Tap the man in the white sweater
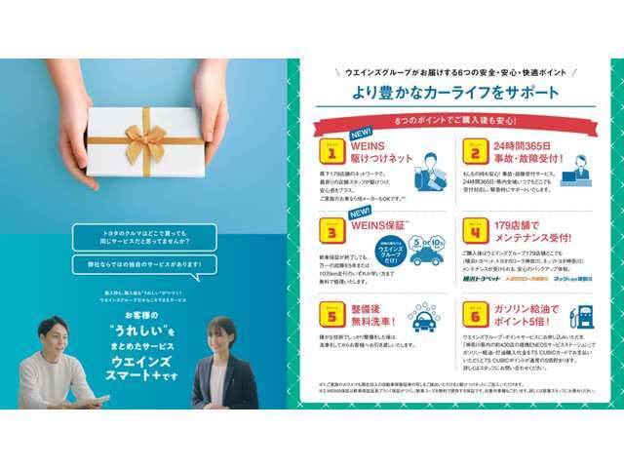click(57, 370)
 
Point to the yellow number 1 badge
click(332, 151)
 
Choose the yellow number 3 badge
click(332, 233)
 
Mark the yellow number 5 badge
click(332, 315)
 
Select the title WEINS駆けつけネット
click(383, 152)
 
